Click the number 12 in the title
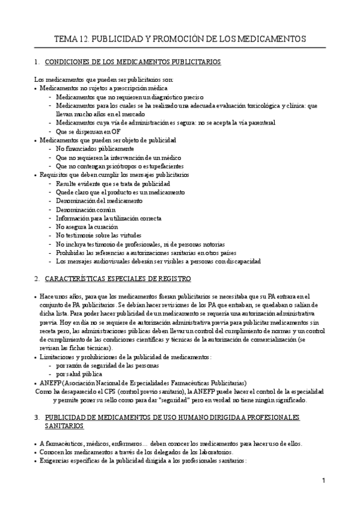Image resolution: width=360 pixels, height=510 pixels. pyautogui.click(x=85, y=39)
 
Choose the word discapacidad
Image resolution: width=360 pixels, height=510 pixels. pyautogui.click(x=241, y=262)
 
